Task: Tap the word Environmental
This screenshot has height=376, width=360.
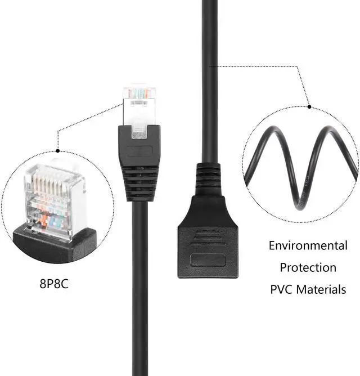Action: [x=308, y=245]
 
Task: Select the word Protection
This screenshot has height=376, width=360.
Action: [x=308, y=267]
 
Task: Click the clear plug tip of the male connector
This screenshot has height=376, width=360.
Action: [x=138, y=107]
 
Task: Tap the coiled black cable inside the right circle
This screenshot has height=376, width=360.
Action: [x=301, y=163]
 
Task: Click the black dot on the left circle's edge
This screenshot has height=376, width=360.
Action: [x=57, y=151]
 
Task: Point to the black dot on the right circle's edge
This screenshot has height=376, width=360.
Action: [x=309, y=106]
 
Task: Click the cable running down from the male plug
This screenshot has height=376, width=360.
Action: [x=139, y=281]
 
